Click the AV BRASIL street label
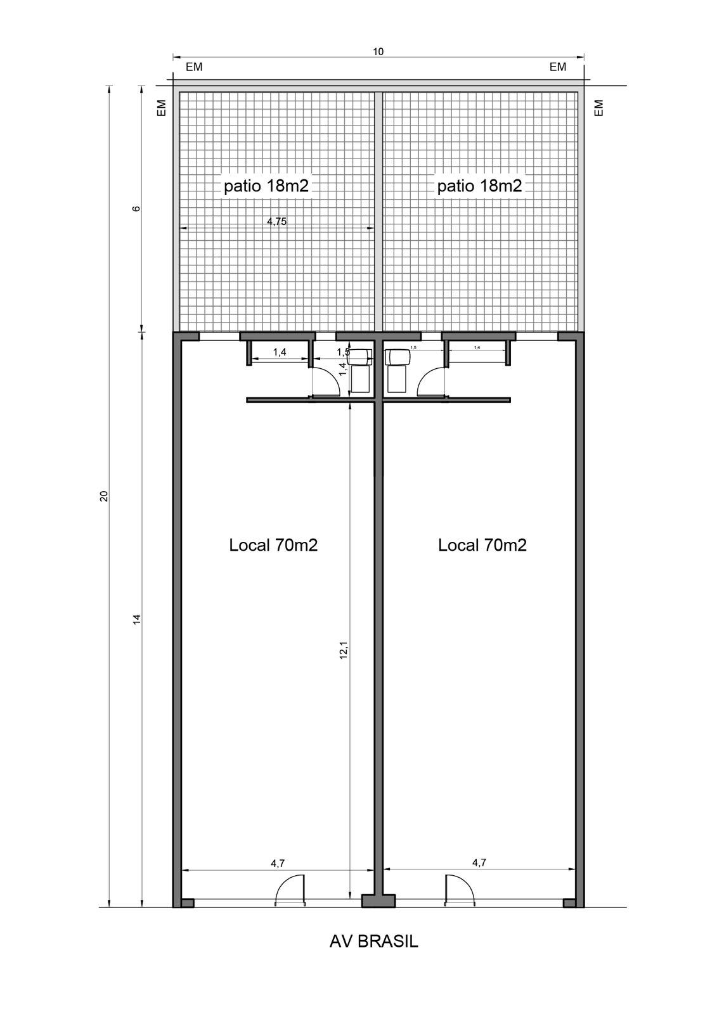(x=374, y=942)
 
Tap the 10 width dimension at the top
(x=378, y=52)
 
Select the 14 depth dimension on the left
(x=136, y=619)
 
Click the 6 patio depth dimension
(x=136, y=209)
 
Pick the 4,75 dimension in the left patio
(x=277, y=222)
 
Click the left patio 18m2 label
(x=266, y=186)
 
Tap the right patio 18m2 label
(x=479, y=186)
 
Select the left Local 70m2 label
(x=273, y=545)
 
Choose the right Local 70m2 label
(x=482, y=545)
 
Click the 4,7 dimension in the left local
(x=277, y=863)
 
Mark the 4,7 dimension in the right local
(x=479, y=863)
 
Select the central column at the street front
(x=378, y=901)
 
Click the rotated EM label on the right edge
(x=599, y=108)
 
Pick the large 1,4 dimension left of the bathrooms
(x=280, y=352)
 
